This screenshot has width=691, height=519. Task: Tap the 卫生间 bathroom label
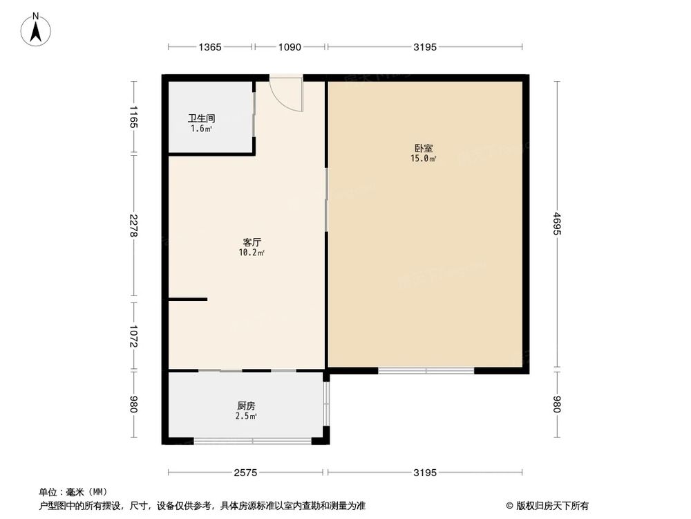202,118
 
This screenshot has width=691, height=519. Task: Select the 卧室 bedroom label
424,148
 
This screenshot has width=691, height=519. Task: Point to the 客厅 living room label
252,242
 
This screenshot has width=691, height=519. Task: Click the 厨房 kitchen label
247,406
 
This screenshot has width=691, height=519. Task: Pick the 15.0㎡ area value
424,159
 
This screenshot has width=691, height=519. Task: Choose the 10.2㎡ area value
252,253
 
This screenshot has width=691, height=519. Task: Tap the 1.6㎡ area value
202,128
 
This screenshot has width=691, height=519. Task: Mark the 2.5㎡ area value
247,417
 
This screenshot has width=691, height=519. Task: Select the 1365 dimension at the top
210,47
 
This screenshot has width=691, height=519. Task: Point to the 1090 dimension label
290,47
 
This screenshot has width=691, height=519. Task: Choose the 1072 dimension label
134,336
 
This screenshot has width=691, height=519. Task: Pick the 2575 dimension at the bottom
246,473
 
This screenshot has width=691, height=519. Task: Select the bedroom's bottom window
426,371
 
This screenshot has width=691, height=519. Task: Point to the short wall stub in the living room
188,299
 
